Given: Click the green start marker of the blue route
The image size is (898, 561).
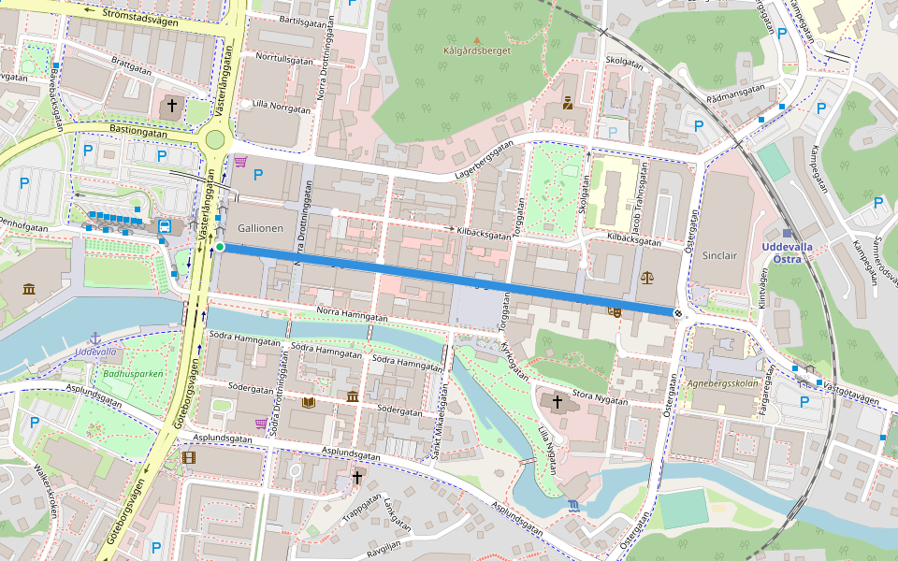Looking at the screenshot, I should pos(220,247).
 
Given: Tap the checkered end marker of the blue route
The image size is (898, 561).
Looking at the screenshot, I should pos(676,312).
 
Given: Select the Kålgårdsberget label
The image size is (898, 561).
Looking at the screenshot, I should pos(477,51).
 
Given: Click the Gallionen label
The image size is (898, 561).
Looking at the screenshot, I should pos(260,228).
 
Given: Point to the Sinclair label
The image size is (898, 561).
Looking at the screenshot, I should pos(719,254).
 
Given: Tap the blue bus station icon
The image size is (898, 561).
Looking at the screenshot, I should pos(165,226).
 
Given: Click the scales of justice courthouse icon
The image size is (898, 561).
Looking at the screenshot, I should pos(646,278).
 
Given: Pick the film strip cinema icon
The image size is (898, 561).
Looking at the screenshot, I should pos(190,458).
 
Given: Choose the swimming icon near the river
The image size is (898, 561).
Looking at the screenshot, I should pos(572,506).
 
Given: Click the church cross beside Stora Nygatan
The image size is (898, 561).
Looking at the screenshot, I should pos(558,402).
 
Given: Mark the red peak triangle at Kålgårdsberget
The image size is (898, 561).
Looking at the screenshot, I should pos(477,40).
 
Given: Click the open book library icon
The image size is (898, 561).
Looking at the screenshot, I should pos(309,402).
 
